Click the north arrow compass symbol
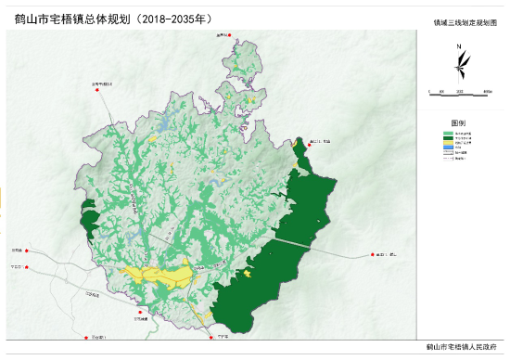460,65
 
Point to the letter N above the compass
460,45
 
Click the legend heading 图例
459,122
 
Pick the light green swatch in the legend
448,132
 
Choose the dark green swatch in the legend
448,137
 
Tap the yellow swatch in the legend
448,143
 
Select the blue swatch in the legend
448,148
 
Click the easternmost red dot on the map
373,253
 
